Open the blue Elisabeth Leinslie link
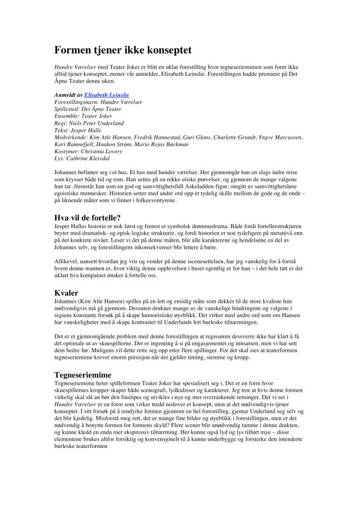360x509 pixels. [x=106, y=95]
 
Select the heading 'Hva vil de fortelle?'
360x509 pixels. [x=87, y=217]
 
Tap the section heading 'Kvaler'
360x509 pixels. [x=66, y=293]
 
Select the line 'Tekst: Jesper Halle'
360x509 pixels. [x=77, y=130]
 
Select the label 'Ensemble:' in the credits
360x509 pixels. [x=66, y=116]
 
